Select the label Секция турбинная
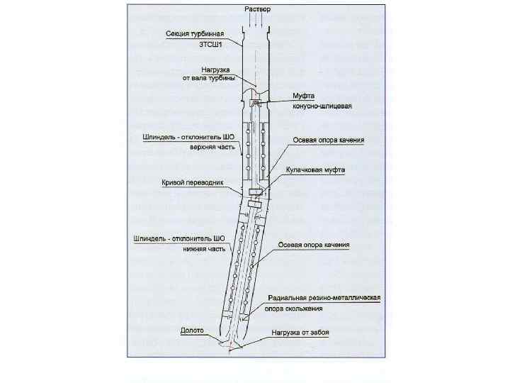click(x=195, y=33)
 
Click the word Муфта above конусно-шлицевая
click(x=303, y=96)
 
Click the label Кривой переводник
click(x=193, y=182)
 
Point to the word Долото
click(x=192, y=331)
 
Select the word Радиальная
click(x=290, y=299)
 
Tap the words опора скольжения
click(x=293, y=309)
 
